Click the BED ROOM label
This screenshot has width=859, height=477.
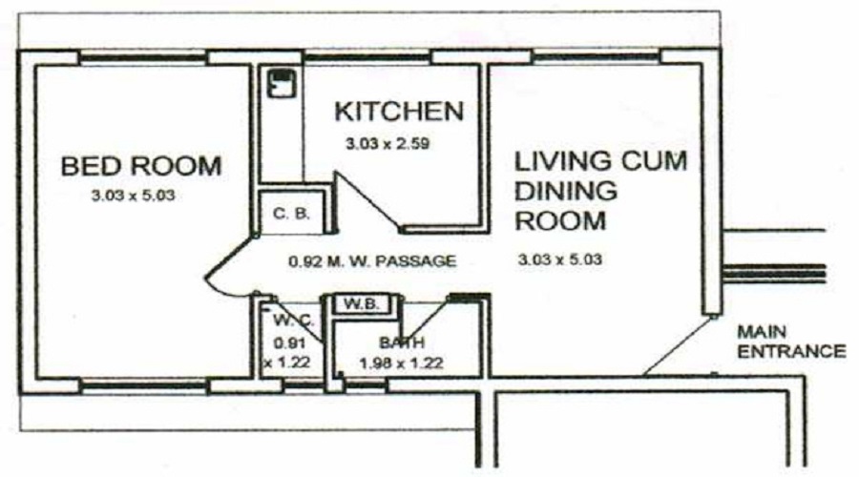pos(141,166)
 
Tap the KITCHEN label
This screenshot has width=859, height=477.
pos(399,112)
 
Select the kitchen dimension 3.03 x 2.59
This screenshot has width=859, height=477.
pos(388,144)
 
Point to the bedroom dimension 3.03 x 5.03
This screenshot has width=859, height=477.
pos(133,196)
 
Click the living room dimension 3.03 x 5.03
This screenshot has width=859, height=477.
pos(560,259)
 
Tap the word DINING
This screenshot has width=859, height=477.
pos(566,191)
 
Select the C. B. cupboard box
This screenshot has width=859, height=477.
pos(292,213)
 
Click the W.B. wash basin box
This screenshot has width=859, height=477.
pos(362,304)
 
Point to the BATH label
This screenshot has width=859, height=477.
pos(402,342)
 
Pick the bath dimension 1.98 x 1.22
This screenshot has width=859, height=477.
pos(402,363)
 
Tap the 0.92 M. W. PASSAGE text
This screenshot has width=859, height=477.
pos(372,261)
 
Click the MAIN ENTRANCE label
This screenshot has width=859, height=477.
pos(791,342)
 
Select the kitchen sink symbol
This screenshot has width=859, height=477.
pos(282,83)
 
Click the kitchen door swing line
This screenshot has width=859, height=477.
pos(367,200)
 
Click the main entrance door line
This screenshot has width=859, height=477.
pos(679,345)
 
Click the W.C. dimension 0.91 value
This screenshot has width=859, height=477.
pos(288,342)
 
